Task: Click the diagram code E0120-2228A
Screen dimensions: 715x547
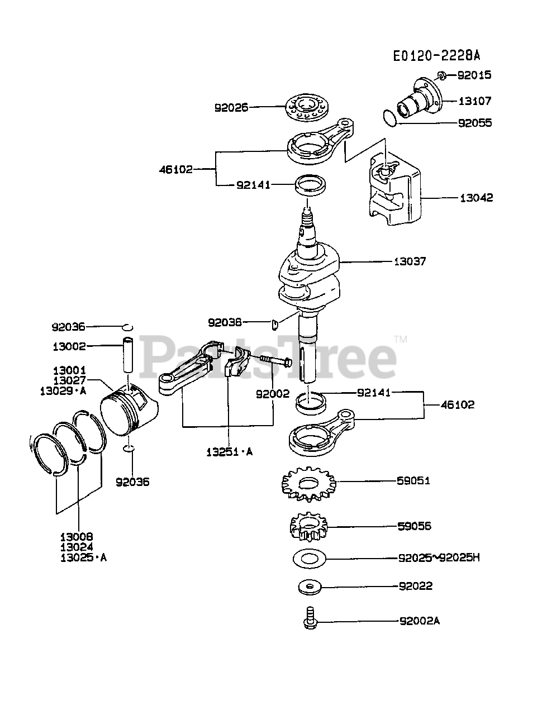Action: coord(436,56)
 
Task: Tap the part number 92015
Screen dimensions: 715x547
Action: coord(474,75)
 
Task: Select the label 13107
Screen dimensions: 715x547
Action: coord(474,101)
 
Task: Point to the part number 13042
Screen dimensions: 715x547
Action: coord(476,198)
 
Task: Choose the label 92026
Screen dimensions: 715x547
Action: coord(231,107)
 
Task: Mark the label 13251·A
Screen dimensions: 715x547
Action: coord(227,452)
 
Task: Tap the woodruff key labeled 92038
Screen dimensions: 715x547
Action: coord(274,324)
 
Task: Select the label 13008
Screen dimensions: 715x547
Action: coord(78,537)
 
